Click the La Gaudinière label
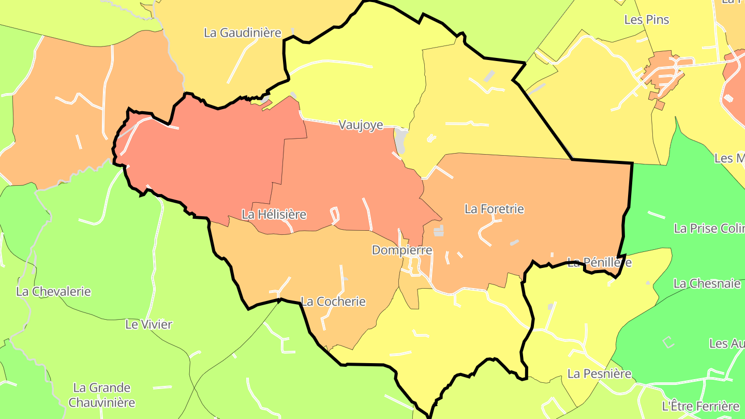pyautogui.click(x=242, y=33)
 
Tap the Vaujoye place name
pyautogui.click(x=361, y=125)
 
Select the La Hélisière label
pyautogui.click(x=274, y=214)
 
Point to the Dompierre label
pyautogui.click(x=402, y=250)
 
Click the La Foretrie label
pyautogui.click(x=494, y=209)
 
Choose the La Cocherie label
pyautogui.click(x=333, y=302)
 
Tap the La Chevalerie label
pyautogui.click(x=53, y=291)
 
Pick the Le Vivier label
pyautogui.click(x=149, y=324)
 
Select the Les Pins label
pyautogui.click(x=647, y=20)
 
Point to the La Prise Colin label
pyautogui.click(x=709, y=228)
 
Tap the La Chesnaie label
pyautogui.click(x=707, y=283)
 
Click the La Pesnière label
pyautogui.click(x=600, y=373)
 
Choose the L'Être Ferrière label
pyautogui.click(x=701, y=406)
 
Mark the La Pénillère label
pyautogui.click(x=599, y=262)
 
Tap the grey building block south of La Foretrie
pyautogui.click(x=439, y=231)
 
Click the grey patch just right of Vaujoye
pyautogui.click(x=400, y=139)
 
